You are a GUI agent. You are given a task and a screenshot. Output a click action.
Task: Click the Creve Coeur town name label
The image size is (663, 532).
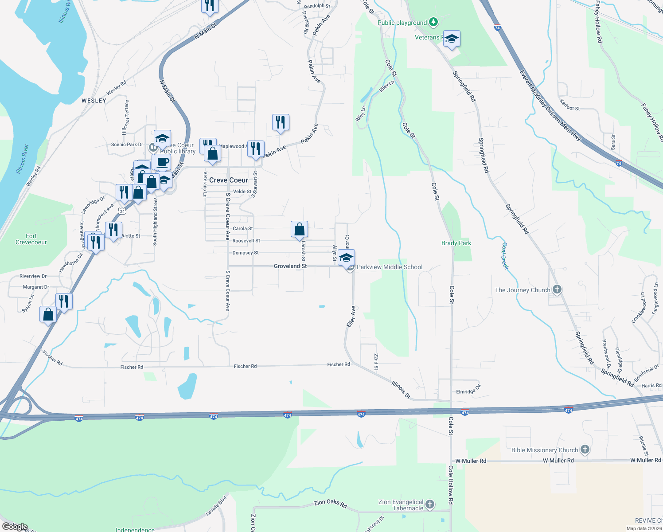click(x=229, y=180)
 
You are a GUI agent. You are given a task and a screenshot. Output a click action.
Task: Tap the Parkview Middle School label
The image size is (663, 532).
click(x=390, y=267)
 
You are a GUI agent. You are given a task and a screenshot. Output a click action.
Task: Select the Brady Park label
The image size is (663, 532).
click(x=456, y=243)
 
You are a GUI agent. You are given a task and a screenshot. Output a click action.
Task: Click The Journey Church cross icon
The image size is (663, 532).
click(x=557, y=289)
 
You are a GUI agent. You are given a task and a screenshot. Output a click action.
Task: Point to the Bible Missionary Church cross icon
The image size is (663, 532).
click(x=585, y=450)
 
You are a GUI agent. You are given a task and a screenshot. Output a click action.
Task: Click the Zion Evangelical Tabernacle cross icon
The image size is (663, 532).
click(x=429, y=504)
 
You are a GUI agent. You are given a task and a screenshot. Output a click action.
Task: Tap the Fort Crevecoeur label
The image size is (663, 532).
click(x=31, y=239)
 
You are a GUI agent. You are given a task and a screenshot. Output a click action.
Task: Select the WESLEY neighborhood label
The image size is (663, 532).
click(x=94, y=101)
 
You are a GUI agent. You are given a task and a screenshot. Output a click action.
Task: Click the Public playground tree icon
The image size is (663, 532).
click(x=433, y=22)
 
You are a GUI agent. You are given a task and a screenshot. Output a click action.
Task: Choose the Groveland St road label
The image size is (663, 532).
click(x=290, y=266)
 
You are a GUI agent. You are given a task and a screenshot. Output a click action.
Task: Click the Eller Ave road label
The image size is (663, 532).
click(x=351, y=317)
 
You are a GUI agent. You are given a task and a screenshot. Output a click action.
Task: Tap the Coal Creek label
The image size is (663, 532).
click(x=505, y=256)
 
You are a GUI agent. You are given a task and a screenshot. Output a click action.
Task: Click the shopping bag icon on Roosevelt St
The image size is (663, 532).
click(x=300, y=229)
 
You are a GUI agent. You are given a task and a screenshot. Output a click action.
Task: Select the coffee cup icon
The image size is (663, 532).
click(x=163, y=161)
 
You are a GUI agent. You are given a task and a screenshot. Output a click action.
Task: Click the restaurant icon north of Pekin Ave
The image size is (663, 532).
click(x=281, y=122)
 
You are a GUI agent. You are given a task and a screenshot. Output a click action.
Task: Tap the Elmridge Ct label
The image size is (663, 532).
click(x=468, y=391)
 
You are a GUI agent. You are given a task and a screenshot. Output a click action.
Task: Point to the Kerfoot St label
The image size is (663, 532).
click(x=569, y=106)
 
